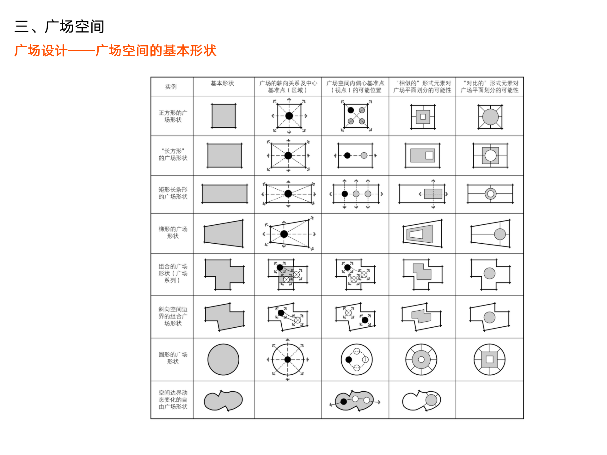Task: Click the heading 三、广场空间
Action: [59, 27]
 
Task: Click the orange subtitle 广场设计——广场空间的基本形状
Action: [115, 51]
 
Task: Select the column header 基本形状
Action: [222, 83]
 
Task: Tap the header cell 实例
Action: [171, 87]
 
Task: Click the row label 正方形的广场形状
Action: [173, 116]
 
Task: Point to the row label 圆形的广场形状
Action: [173, 358]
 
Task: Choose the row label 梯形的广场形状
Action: [173, 233]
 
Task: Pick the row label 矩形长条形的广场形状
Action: [173, 193]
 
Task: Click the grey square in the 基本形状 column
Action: [224, 116]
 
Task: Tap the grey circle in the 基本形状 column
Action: [223, 360]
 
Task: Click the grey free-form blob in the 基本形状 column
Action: [223, 401]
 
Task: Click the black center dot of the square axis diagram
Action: [289, 116]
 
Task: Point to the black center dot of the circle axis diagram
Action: [288, 360]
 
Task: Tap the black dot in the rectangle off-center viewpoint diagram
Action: [347, 155]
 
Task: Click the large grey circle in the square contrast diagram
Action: [490, 117]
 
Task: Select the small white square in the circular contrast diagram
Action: [489, 360]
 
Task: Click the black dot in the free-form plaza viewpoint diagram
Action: [344, 402]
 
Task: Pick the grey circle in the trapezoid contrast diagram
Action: [500, 234]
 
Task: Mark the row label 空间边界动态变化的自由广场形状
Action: [173, 400]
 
